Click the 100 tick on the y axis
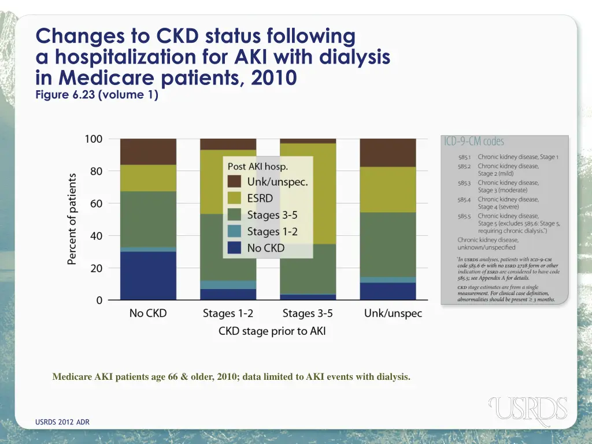(x=93, y=139)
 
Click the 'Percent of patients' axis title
(x=72, y=219)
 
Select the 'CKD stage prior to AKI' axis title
(x=272, y=331)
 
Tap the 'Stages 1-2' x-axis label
(x=228, y=314)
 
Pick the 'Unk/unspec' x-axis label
(x=393, y=314)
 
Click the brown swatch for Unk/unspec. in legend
(x=234, y=182)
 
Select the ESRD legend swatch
(x=234, y=198)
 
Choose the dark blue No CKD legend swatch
(x=234, y=248)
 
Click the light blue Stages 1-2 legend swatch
(x=234, y=231)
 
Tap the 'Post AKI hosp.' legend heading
(x=258, y=166)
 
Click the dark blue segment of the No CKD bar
(x=148, y=275)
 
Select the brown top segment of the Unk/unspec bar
(x=387, y=153)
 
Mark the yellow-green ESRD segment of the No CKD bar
(x=148, y=178)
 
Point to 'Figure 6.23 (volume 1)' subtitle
(x=97, y=95)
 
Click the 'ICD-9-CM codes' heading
(x=473, y=142)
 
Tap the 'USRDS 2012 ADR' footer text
(x=62, y=422)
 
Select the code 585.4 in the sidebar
(x=465, y=199)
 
